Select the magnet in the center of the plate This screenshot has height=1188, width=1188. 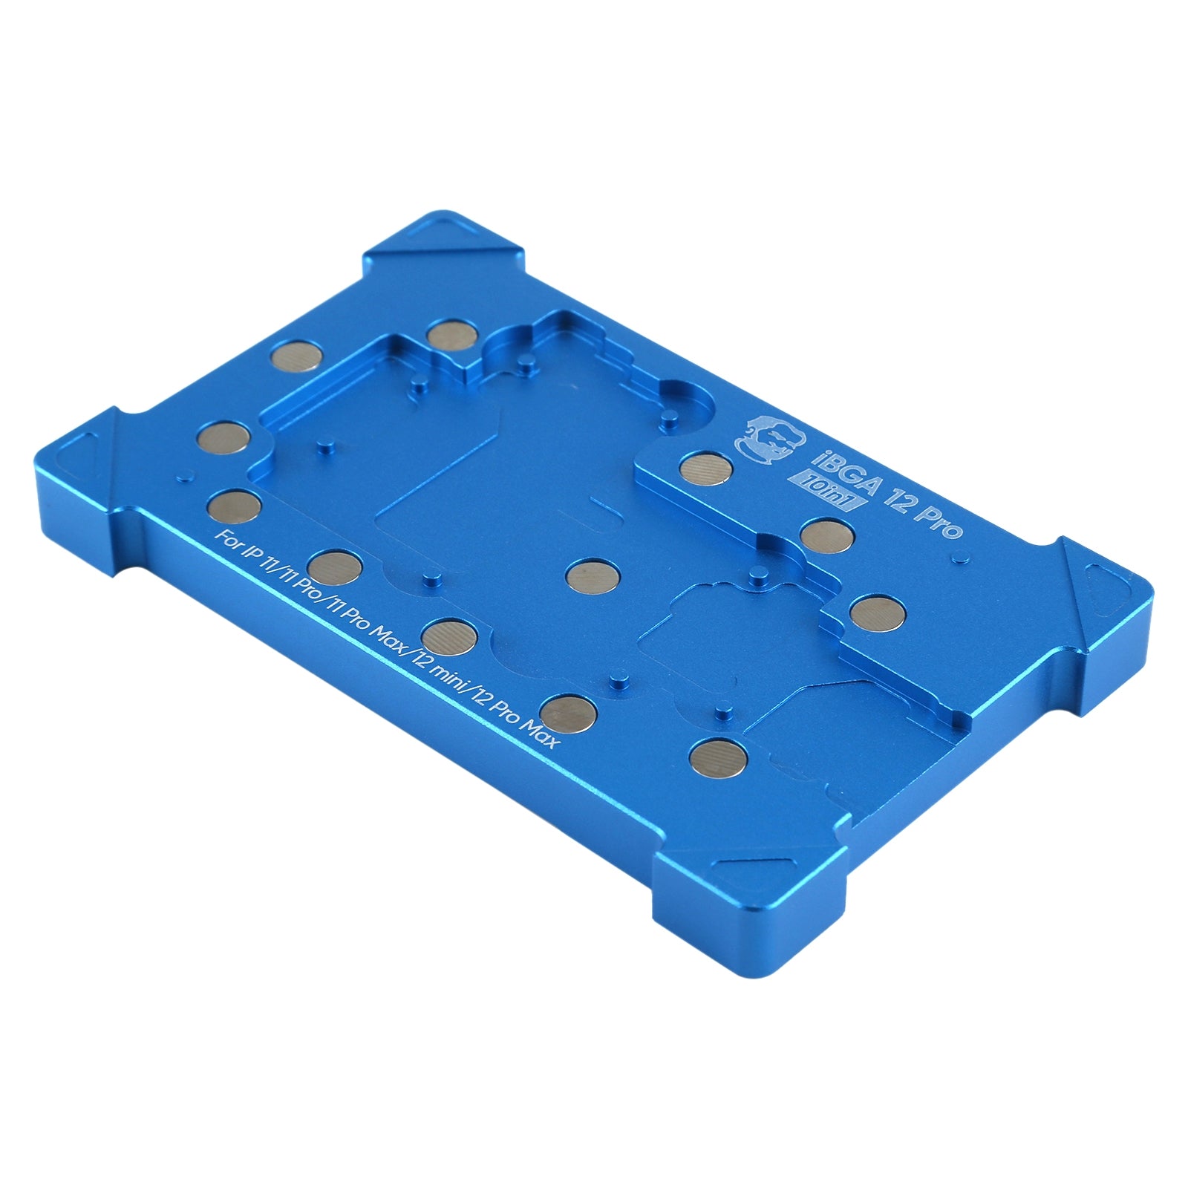tap(592, 573)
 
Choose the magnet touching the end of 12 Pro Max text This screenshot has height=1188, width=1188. tap(568, 711)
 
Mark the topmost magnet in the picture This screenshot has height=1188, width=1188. tap(451, 334)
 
